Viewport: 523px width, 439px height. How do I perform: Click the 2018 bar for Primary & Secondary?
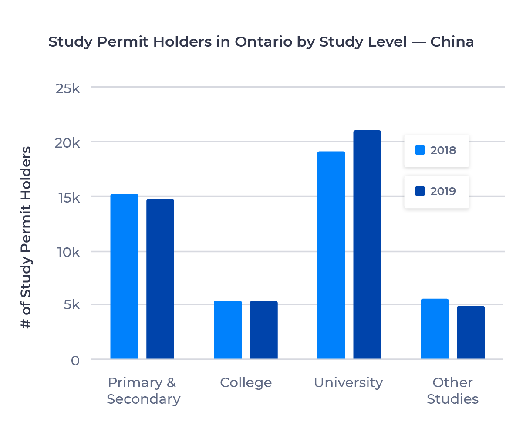tap(124, 277)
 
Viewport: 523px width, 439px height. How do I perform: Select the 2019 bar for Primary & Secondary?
tap(160, 279)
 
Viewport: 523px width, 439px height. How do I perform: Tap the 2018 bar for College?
tap(228, 330)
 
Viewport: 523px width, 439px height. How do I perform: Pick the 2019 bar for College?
tap(263, 330)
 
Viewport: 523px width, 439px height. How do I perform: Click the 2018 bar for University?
tap(331, 255)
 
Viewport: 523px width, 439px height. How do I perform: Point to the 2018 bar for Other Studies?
tap(435, 329)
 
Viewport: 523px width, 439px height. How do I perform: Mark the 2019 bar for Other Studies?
tap(470, 332)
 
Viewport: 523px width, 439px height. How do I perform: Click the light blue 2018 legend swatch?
tap(420, 150)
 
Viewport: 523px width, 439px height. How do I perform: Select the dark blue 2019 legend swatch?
tap(420, 191)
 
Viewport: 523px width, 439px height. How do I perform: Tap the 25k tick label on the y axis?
tap(68, 88)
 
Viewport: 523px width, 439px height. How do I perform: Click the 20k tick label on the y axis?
tap(68, 143)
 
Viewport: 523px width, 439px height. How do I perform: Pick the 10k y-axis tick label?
tap(68, 252)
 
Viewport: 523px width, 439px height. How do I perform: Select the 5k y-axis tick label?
tap(71, 305)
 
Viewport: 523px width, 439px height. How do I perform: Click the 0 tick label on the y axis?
tap(75, 361)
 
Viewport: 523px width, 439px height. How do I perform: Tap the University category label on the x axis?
tap(348, 383)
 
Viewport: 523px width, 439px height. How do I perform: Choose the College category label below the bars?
tap(246, 383)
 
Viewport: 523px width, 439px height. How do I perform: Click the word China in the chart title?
tap(452, 42)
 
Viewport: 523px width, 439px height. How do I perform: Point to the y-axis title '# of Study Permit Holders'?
tap(27, 237)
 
